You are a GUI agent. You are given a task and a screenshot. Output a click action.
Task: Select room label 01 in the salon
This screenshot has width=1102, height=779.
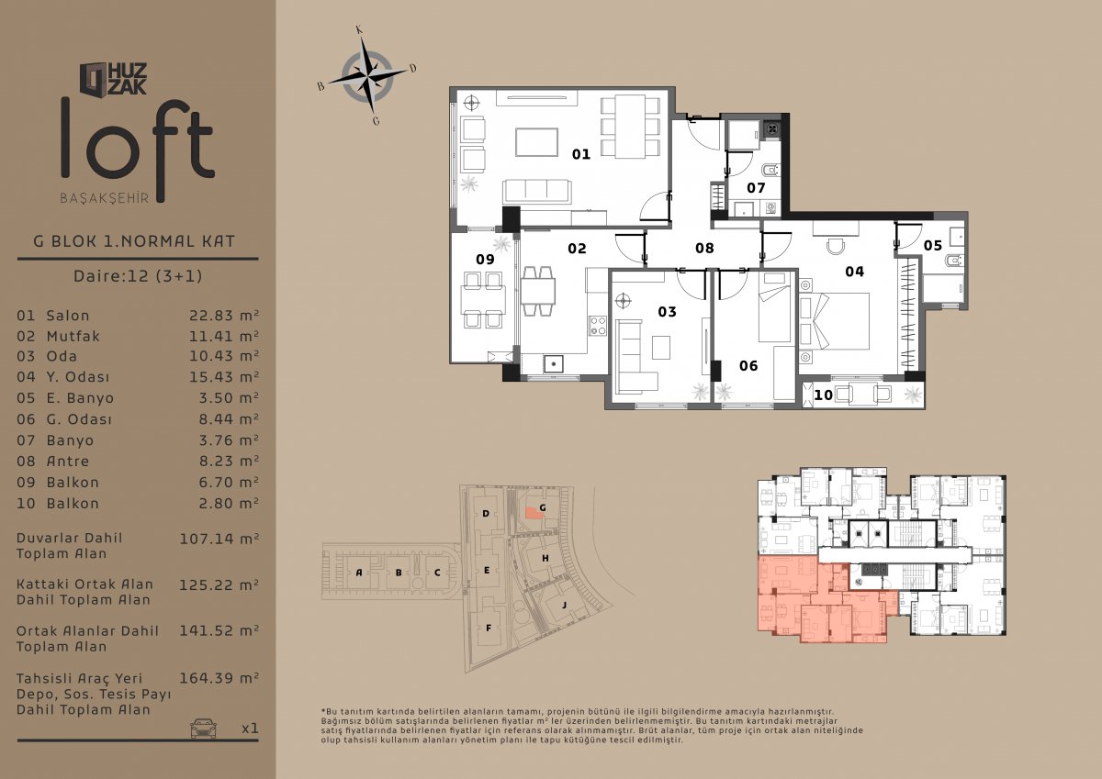[x=581, y=154]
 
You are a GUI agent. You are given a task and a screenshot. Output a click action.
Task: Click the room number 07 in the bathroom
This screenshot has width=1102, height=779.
[x=756, y=188]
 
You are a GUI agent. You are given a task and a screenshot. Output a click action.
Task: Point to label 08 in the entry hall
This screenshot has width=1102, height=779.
[x=704, y=249]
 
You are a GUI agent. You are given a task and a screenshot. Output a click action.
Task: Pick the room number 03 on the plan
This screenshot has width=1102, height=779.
[x=667, y=312]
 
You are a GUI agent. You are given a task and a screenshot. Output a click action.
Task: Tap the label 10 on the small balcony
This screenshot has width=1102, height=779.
[x=824, y=395]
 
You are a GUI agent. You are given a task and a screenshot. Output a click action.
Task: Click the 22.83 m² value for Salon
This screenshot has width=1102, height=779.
[x=224, y=315]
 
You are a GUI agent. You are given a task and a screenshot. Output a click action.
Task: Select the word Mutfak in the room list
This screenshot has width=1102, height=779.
[x=73, y=336]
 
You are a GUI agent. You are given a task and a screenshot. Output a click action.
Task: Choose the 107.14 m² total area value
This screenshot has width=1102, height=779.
[x=219, y=539]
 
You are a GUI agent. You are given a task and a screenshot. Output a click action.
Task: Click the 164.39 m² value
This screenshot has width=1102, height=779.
[x=219, y=678]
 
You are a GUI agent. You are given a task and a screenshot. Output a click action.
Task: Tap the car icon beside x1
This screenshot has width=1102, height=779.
[x=203, y=728]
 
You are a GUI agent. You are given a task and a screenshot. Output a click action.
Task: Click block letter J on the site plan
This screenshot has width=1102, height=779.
[x=564, y=605]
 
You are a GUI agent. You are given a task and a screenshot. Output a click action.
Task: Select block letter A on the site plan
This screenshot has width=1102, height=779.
[x=359, y=573]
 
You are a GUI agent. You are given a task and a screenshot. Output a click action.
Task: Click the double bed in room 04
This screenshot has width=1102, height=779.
[x=835, y=321]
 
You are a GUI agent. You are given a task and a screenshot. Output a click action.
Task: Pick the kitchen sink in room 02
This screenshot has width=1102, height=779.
[x=554, y=364]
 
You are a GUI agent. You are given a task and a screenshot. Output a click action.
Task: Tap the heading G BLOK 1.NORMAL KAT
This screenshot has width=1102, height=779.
[x=134, y=241]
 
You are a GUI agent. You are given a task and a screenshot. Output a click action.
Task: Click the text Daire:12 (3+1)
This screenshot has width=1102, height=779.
[x=138, y=275]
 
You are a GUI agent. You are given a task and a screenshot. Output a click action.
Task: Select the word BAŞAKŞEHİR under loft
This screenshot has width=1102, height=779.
[x=105, y=198]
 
